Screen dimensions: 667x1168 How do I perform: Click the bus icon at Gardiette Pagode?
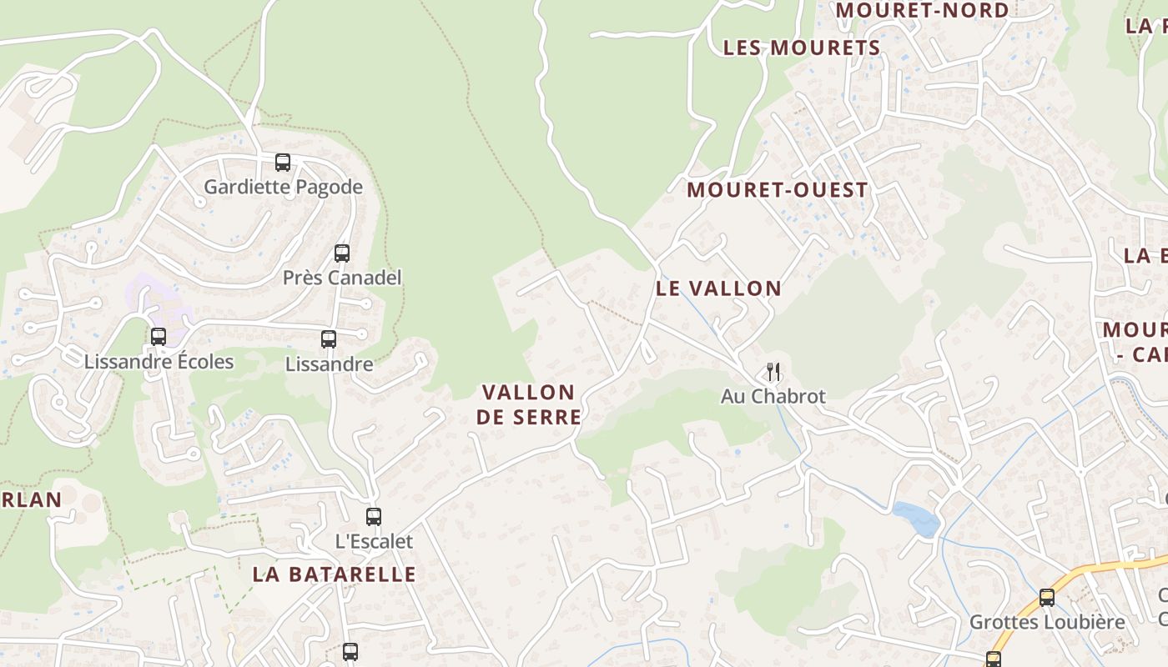(283, 163)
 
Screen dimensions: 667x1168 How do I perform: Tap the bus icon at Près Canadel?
(342, 253)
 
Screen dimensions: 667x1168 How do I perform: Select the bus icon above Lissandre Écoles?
(159, 337)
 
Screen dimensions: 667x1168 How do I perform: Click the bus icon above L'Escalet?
(374, 517)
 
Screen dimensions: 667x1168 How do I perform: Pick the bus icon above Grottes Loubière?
(1047, 598)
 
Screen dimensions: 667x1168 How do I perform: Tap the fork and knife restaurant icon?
(773, 372)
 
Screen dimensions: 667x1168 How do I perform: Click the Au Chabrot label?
(773, 396)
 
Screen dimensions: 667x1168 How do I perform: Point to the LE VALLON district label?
(718, 288)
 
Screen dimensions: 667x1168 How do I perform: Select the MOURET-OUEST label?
(778, 190)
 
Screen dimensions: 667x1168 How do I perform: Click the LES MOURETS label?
(802, 48)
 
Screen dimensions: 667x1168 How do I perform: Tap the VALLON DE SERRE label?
(528, 404)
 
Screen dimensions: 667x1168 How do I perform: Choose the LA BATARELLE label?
(334, 574)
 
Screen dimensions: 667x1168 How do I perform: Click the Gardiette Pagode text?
(283, 187)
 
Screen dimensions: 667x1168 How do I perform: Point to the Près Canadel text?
(342, 278)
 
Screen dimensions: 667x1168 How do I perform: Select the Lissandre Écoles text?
(159, 362)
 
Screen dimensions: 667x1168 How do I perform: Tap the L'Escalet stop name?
(374, 541)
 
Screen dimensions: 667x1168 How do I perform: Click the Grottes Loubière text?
(1047, 622)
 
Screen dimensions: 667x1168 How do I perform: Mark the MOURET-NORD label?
(922, 10)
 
